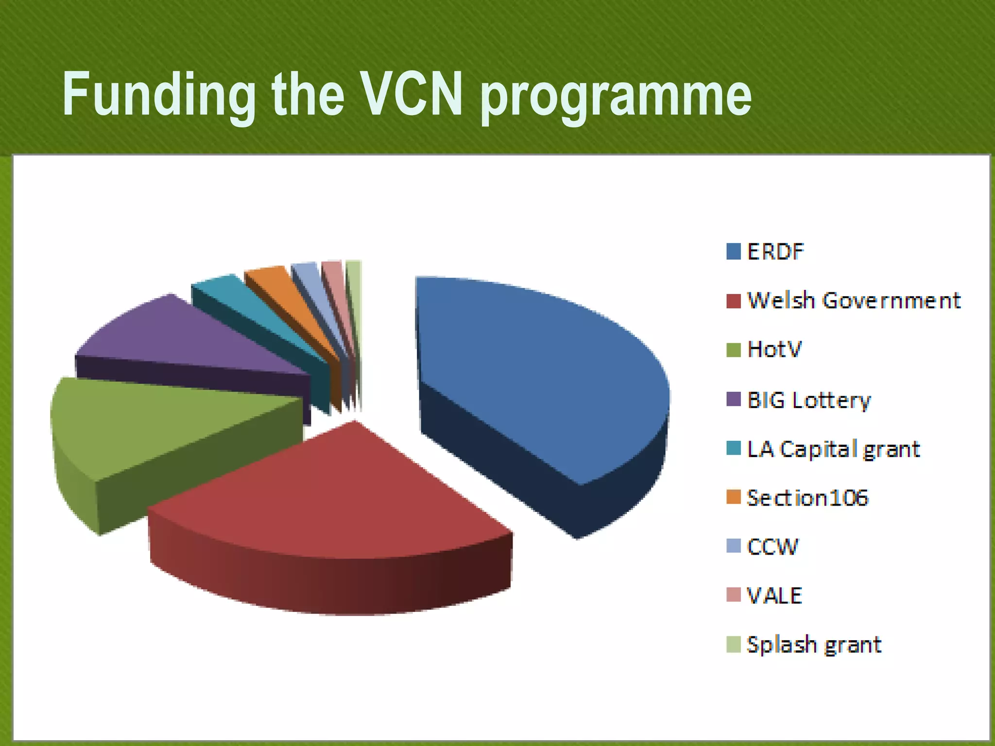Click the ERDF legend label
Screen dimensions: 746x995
(775, 252)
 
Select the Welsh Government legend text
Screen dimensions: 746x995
(854, 301)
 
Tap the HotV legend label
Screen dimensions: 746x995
(774, 349)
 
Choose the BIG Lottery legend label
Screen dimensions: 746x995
(809, 400)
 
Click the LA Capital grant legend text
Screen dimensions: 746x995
(833, 449)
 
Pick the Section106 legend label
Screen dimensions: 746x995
(807, 498)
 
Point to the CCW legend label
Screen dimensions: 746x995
(772, 547)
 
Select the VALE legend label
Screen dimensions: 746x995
(774, 595)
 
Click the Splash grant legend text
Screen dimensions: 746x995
(814, 645)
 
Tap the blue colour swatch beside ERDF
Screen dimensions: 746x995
(733, 252)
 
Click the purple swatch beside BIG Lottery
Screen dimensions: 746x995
(733, 399)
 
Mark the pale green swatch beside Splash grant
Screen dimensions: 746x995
(733, 644)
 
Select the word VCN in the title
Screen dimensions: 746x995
(412, 94)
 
